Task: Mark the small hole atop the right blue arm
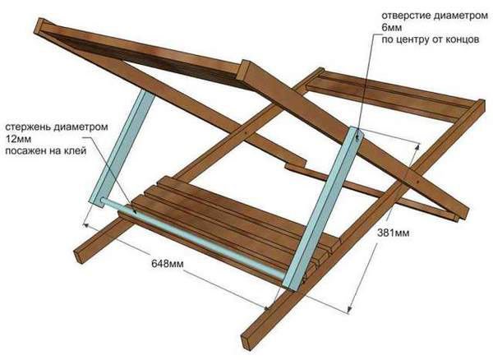coord(356,136)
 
